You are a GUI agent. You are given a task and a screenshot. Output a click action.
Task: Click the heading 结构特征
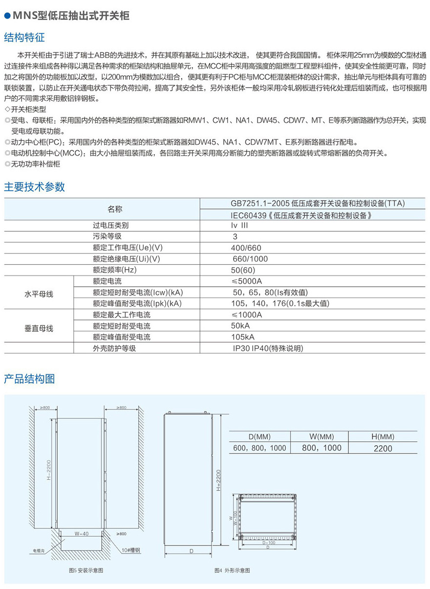(x=24, y=37)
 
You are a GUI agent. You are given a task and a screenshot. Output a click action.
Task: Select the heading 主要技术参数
(x=34, y=186)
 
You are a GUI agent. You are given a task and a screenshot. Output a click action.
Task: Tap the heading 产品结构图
(x=29, y=378)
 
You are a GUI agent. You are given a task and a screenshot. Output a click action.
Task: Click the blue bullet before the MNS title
(x=7, y=16)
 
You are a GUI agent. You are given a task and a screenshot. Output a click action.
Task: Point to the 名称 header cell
(x=115, y=209)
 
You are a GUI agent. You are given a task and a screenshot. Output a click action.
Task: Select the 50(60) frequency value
(x=243, y=270)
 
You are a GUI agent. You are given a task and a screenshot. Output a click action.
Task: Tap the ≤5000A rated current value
(x=247, y=281)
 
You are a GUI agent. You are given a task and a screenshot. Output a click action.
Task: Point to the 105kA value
(x=243, y=337)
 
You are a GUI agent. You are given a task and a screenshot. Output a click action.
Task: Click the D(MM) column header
(x=259, y=437)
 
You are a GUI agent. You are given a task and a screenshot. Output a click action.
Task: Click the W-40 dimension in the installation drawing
(x=81, y=534)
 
